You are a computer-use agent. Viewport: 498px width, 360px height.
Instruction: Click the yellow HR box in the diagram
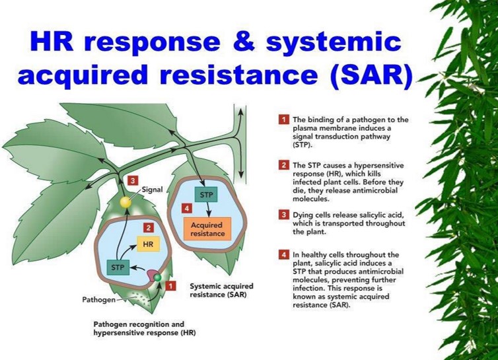[149, 245]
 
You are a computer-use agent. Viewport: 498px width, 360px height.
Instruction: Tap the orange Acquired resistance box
[207, 229]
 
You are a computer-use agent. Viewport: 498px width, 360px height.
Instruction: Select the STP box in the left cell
[118, 268]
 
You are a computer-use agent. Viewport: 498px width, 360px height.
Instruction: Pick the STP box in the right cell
[206, 196]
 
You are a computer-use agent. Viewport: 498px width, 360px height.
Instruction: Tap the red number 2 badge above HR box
[149, 227]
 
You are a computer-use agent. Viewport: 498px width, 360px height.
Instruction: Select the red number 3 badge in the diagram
[133, 180]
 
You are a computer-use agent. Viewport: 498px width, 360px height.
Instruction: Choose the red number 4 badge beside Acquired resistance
[187, 209]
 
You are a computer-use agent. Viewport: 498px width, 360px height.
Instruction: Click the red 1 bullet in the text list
[283, 120]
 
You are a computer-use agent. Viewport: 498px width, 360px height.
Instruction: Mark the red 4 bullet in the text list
[283, 255]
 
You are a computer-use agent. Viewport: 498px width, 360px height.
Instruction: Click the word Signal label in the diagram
[152, 190]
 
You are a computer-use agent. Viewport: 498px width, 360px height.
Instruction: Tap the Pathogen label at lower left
[98, 299]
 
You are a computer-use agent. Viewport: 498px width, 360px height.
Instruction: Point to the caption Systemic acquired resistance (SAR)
[217, 290]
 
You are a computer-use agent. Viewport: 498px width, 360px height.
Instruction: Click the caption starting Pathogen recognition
[143, 328]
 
